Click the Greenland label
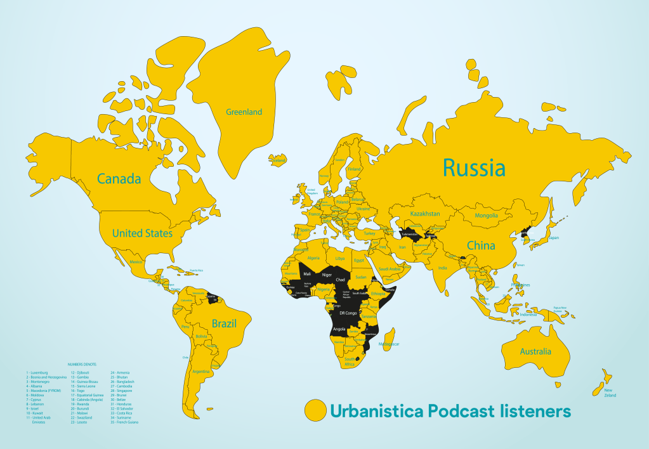coord(244,112)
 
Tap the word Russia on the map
coord(474,169)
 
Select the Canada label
coord(119,179)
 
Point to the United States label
coord(142,233)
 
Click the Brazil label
coord(224,323)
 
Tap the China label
coord(481,245)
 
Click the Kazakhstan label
coord(424,214)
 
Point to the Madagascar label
coord(388,344)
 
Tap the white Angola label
coord(339,329)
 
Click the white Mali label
coord(307,273)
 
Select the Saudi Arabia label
coord(389,269)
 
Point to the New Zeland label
coord(609,393)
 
